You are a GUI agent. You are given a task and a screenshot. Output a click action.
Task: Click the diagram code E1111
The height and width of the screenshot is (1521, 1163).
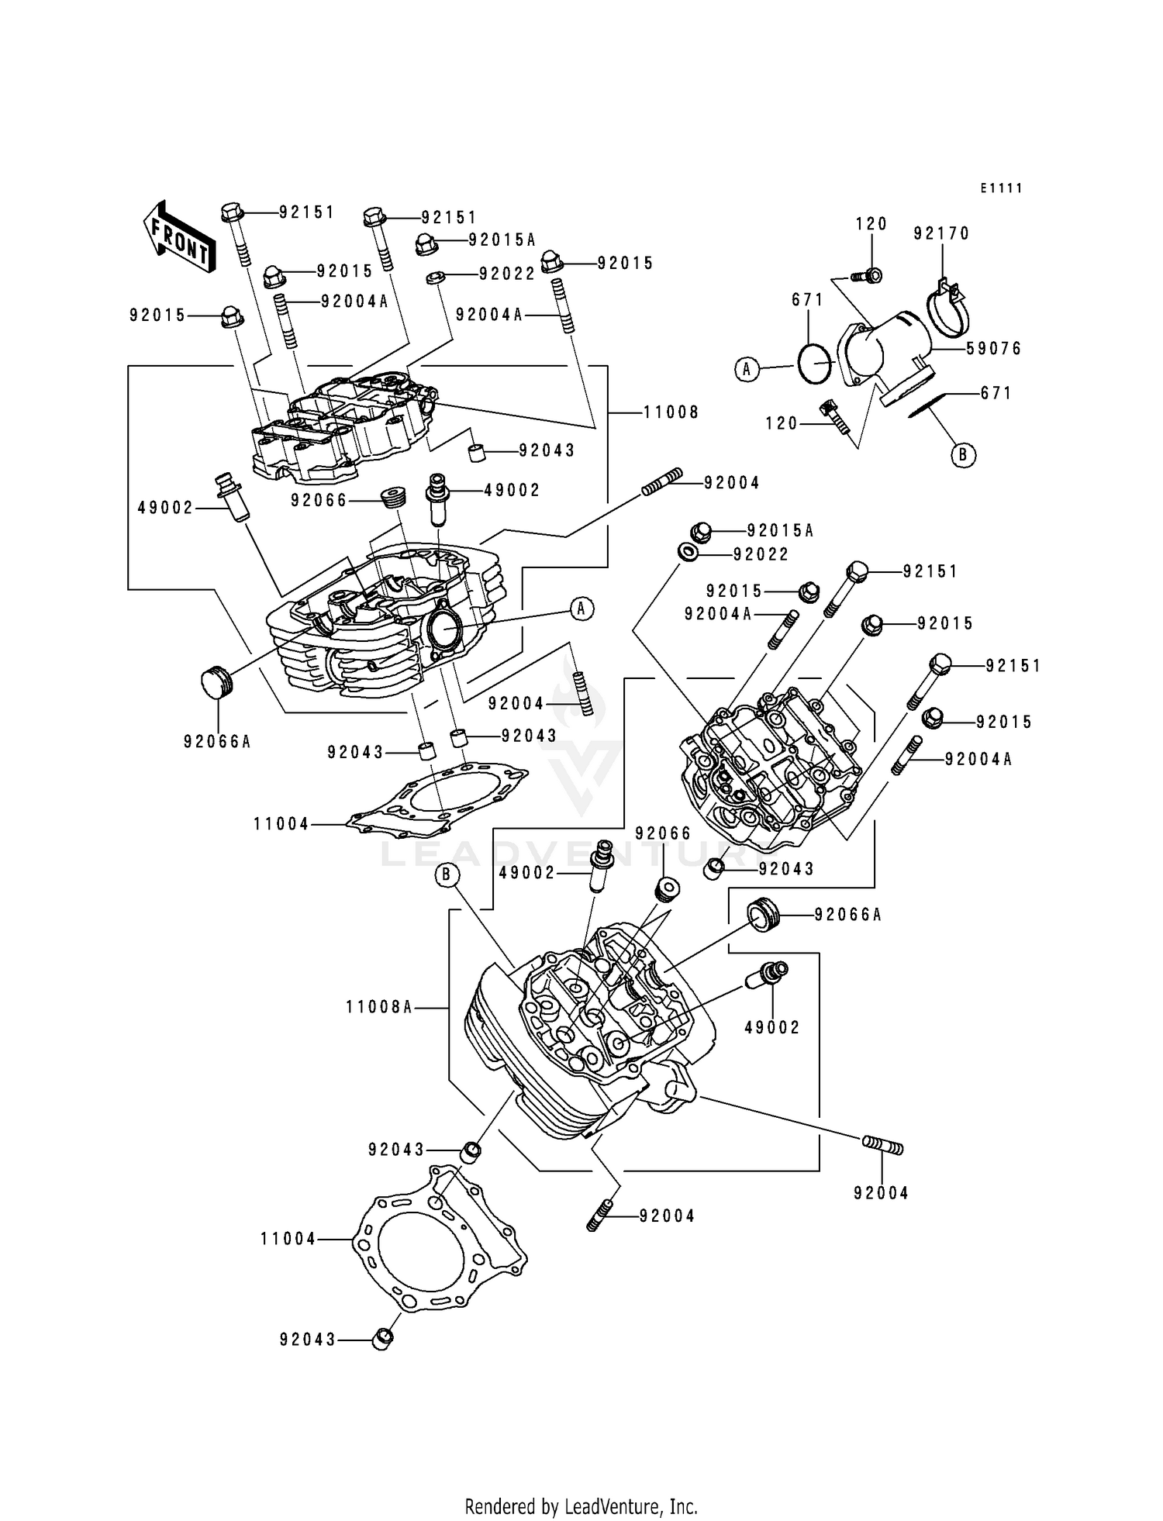[x=1000, y=188]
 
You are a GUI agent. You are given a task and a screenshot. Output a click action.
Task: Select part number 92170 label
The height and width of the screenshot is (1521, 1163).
[x=941, y=233]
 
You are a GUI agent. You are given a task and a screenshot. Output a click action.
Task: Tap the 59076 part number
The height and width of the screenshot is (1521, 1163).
[x=994, y=349]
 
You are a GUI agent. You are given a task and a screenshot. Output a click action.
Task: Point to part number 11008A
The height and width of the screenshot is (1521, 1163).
[x=378, y=1007]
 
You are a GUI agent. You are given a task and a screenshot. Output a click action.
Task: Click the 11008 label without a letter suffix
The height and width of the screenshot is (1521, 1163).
[x=671, y=412]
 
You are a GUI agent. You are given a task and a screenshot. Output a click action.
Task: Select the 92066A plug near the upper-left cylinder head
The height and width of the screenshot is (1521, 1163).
[x=216, y=682]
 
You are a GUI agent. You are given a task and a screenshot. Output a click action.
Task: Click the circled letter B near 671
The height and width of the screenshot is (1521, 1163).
[x=963, y=455]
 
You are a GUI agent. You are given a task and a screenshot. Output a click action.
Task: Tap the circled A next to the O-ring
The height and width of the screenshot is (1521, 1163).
[x=747, y=370]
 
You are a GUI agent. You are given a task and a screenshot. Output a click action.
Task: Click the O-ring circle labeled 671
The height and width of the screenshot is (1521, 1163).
[x=815, y=363]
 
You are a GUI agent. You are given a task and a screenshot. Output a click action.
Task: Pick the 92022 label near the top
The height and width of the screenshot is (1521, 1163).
[x=507, y=274]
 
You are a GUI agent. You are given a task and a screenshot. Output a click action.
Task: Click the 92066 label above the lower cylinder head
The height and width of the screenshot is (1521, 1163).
[x=662, y=833]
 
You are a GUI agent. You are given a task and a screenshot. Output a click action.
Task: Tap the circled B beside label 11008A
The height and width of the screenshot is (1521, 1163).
[x=447, y=875]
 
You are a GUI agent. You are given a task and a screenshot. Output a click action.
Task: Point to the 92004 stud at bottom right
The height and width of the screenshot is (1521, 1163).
[x=882, y=1145]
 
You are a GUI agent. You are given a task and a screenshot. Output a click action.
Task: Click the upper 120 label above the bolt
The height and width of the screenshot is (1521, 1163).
[x=871, y=224]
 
